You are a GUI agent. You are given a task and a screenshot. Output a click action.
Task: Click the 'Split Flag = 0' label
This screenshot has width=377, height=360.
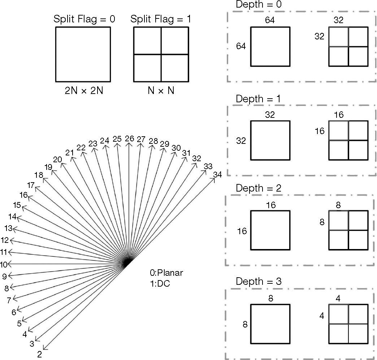coord(84,19)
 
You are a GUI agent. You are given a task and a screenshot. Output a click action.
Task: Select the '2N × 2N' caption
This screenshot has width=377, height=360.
coord(84,91)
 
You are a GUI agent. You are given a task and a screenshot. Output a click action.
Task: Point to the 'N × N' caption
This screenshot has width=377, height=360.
coord(161,91)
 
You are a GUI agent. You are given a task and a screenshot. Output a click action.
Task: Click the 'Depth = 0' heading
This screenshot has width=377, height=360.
coord(258,5)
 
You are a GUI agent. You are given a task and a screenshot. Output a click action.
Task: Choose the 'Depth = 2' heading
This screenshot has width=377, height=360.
coord(258,188)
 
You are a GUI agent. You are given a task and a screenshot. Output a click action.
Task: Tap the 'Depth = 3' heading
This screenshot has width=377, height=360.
coord(258,281)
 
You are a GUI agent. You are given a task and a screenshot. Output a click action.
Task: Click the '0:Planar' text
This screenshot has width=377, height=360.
coord(166,273)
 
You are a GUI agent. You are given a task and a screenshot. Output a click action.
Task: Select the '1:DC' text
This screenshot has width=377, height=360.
coord(160,283)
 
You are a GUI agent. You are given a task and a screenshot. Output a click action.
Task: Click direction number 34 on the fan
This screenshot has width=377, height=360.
coord(217,175)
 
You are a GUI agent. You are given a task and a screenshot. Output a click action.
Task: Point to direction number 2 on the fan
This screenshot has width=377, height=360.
coord(40,354)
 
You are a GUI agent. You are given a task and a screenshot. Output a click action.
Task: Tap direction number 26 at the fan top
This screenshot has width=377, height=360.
coord(129,139)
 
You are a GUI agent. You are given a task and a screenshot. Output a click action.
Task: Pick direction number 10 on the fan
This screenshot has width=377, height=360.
coord(4,265)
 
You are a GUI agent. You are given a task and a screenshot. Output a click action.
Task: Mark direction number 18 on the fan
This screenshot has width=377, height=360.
coord(39,175)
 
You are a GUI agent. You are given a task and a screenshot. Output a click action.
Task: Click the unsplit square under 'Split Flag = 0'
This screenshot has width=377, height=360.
coord(83,55)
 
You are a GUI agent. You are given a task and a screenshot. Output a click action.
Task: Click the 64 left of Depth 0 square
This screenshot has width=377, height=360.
coord(241,46)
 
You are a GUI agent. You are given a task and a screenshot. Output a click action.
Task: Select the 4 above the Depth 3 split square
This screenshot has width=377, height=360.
coord(338,299)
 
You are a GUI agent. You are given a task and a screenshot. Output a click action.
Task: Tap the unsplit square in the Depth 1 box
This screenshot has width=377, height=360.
coord(270,140)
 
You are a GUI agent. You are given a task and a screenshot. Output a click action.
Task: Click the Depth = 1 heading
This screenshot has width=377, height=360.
coord(258,99)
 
